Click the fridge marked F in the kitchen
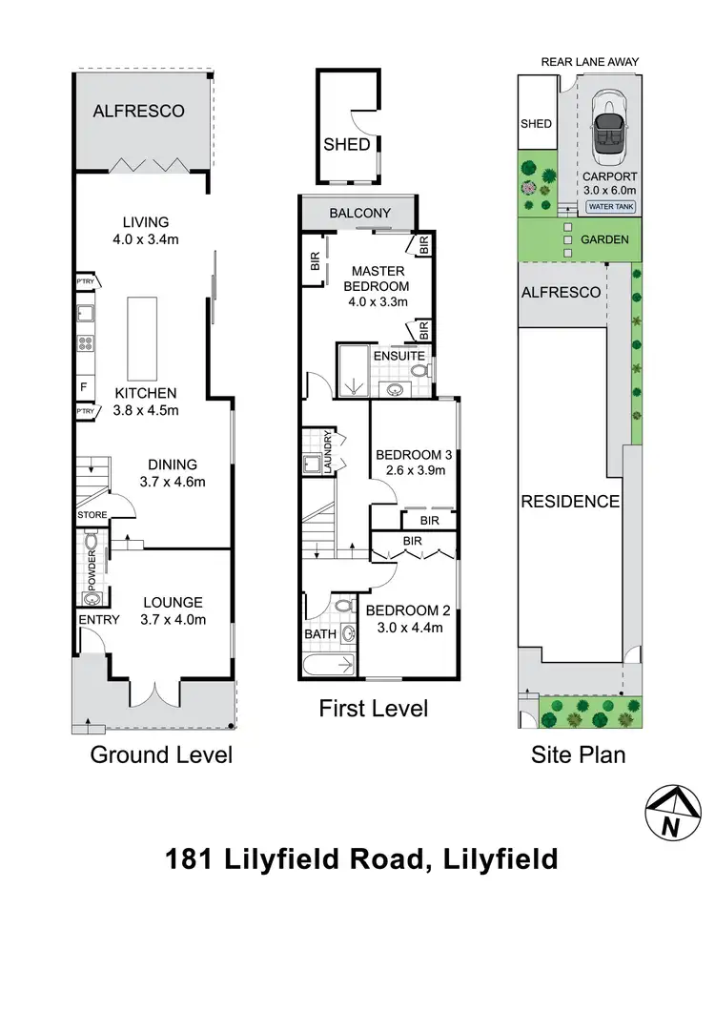click(x=85, y=387)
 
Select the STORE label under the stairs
click(x=92, y=516)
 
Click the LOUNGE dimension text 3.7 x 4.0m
click(x=173, y=620)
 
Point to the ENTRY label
click(x=98, y=620)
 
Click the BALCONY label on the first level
click(x=359, y=214)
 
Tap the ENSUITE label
click(x=398, y=356)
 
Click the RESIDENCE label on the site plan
click(x=569, y=502)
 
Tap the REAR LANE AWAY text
click(x=590, y=62)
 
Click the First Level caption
click(x=373, y=709)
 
